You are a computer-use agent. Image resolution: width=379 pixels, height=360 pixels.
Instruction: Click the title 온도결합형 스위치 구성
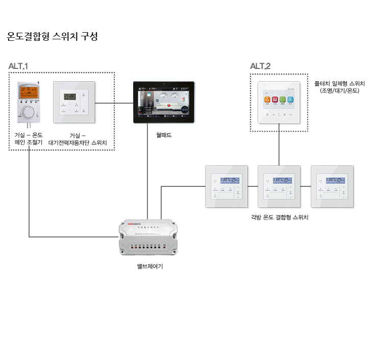[52, 37]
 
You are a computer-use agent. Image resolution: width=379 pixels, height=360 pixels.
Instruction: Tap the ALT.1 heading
[18, 66]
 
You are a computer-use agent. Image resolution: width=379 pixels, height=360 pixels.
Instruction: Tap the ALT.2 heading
[260, 66]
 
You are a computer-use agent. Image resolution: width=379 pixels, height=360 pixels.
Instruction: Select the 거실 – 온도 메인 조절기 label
[29, 139]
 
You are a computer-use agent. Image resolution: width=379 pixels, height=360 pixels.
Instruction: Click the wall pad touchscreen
[164, 102]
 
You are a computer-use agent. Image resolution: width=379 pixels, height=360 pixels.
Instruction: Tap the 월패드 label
[164, 135]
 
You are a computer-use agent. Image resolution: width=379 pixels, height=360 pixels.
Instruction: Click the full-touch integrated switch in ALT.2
[279, 102]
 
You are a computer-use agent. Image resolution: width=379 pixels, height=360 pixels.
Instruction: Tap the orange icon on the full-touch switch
[266, 99]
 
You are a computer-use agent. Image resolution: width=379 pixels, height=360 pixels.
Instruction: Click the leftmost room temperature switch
[226, 186]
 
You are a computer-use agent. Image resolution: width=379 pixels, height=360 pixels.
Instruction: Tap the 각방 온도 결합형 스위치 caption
[280, 217]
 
